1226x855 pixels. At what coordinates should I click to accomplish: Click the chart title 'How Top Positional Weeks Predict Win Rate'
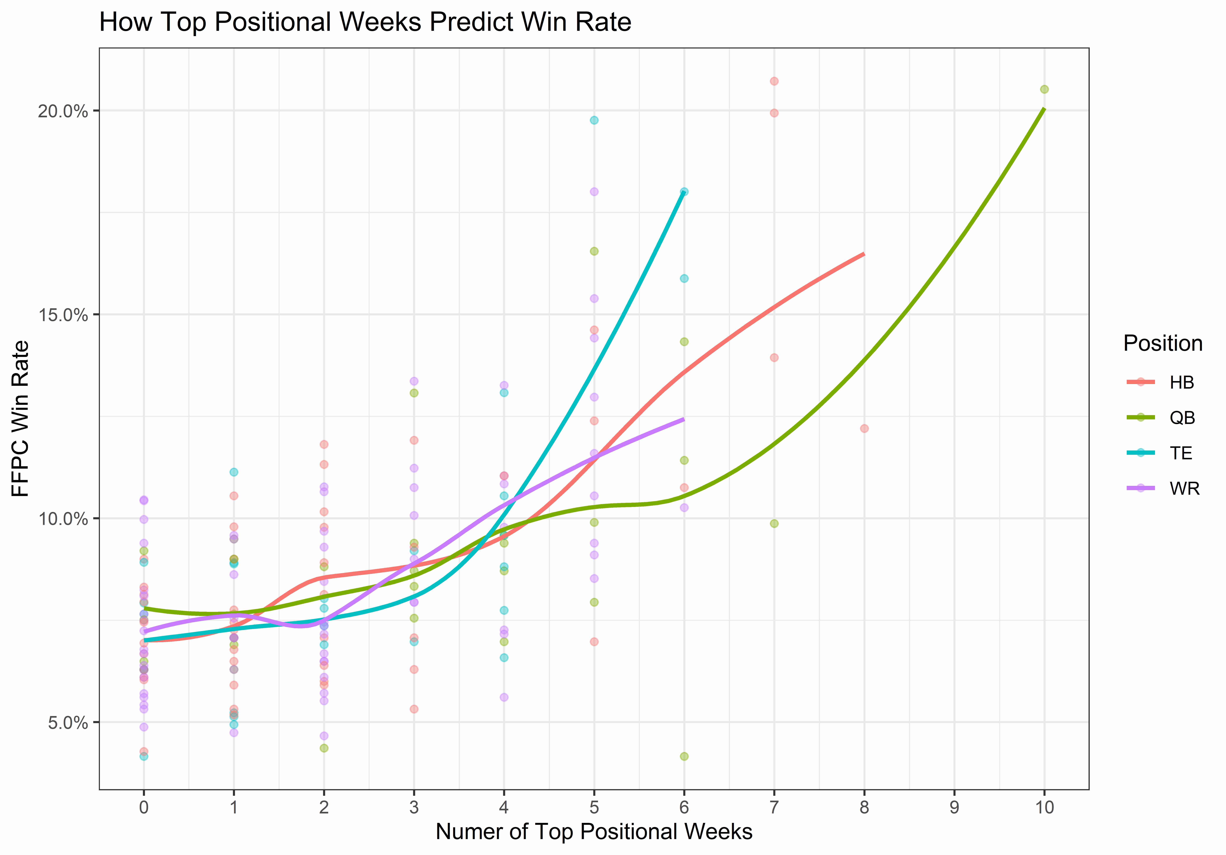pyautogui.click(x=365, y=22)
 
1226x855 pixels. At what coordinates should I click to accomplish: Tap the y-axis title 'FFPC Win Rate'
pyautogui.click(x=20, y=419)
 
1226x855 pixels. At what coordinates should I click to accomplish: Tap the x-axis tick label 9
pyautogui.click(x=954, y=807)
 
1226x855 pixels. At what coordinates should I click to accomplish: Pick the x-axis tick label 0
pyautogui.click(x=144, y=807)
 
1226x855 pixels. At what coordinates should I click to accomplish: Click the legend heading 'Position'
pyautogui.click(x=1163, y=343)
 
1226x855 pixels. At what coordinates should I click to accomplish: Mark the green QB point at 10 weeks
pyautogui.click(x=1045, y=89)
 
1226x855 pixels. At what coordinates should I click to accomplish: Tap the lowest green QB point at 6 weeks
pyautogui.click(x=684, y=756)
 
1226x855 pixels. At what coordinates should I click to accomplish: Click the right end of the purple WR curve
pyautogui.click(x=683, y=419)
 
